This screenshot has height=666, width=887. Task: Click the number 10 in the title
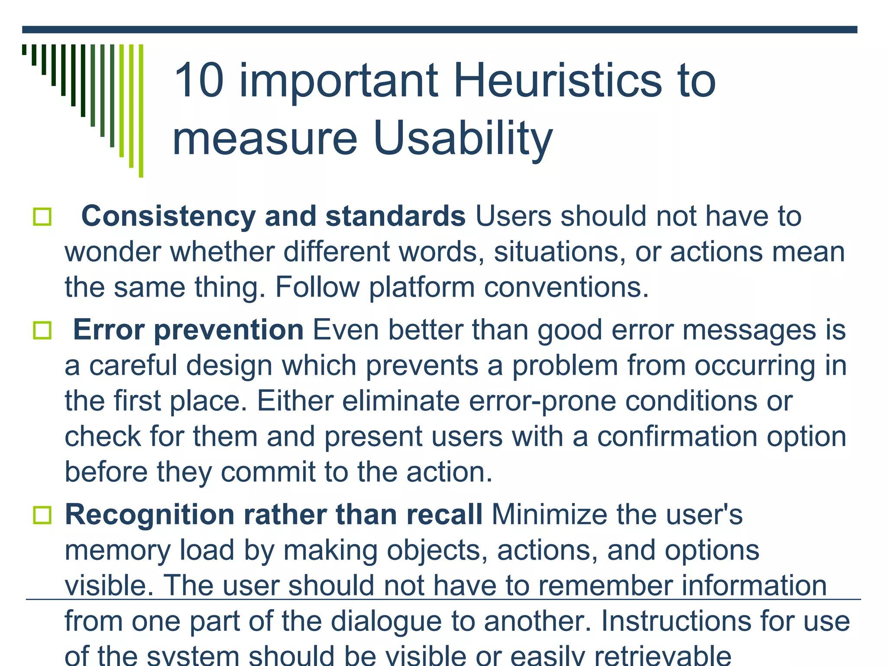point(199,81)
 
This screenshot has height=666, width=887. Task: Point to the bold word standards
point(395,216)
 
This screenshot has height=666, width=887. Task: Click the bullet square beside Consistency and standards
point(42,216)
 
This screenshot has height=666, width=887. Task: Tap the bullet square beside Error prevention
point(42,330)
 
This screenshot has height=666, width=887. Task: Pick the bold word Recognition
point(149,515)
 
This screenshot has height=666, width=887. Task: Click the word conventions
point(566,287)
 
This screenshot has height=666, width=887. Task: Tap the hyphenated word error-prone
point(542,401)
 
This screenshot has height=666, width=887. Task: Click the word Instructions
point(671,621)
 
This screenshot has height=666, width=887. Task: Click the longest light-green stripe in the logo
point(141,111)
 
